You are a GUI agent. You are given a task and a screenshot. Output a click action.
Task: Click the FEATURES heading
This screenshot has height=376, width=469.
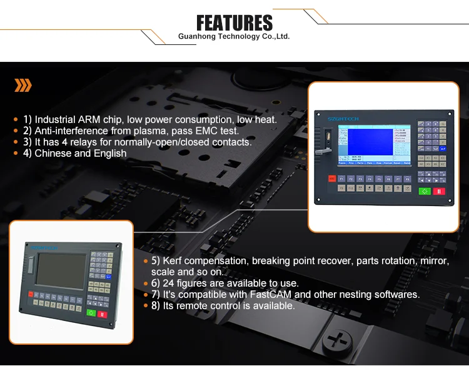point(234,23)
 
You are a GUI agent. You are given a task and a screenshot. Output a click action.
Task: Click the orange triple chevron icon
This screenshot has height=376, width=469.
point(23,86)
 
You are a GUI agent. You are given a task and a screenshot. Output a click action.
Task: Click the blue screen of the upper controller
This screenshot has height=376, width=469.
point(366,144)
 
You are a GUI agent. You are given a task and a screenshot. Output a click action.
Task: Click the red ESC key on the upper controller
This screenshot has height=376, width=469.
point(331,179)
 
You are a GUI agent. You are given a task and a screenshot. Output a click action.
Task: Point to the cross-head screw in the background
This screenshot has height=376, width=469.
point(339,342)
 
